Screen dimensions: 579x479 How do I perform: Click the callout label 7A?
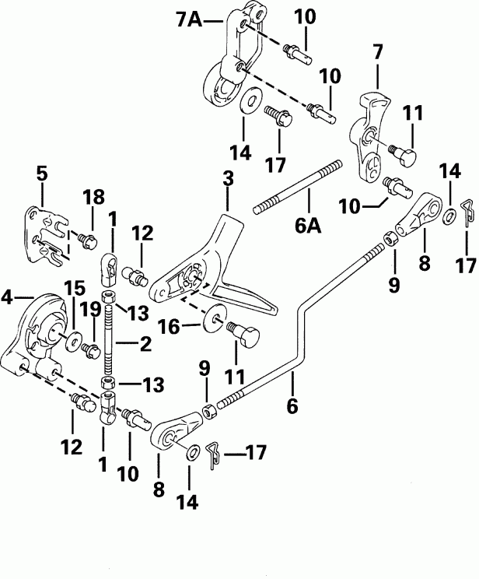[189, 22]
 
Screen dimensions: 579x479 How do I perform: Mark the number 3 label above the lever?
[228, 179]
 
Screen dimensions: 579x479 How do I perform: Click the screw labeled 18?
[85, 237]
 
